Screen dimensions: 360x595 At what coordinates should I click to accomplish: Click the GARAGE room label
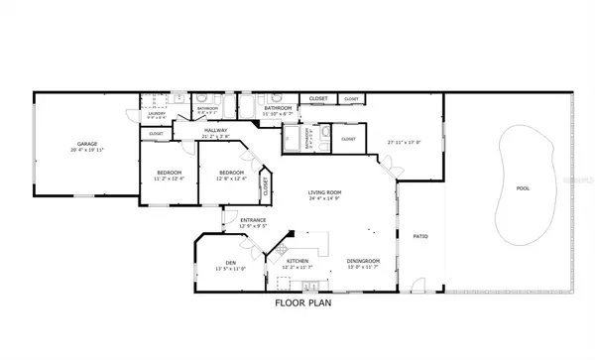click(x=87, y=145)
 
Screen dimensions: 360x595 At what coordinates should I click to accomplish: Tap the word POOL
click(x=523, y=187)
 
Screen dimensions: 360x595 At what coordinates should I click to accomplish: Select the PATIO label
click(x=419, y=236)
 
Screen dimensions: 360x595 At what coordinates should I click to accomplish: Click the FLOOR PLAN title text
click(x=302, y=303)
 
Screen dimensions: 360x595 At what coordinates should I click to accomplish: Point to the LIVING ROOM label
click(x=324, y=192)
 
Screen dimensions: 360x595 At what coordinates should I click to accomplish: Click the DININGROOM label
click(x=364, y=261)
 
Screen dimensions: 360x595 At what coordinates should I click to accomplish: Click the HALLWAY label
click(x=216, y=130)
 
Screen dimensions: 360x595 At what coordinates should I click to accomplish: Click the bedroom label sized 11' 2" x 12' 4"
click(x=169, y=174)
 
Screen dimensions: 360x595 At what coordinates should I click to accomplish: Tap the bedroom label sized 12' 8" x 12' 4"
click(x=231, y=174)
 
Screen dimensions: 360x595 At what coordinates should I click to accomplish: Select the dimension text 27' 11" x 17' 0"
click(x=404, y=142)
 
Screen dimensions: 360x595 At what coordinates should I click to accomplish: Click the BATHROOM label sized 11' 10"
click(x=277, y=109)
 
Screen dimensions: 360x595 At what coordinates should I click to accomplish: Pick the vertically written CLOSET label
click(x=266, y=183)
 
